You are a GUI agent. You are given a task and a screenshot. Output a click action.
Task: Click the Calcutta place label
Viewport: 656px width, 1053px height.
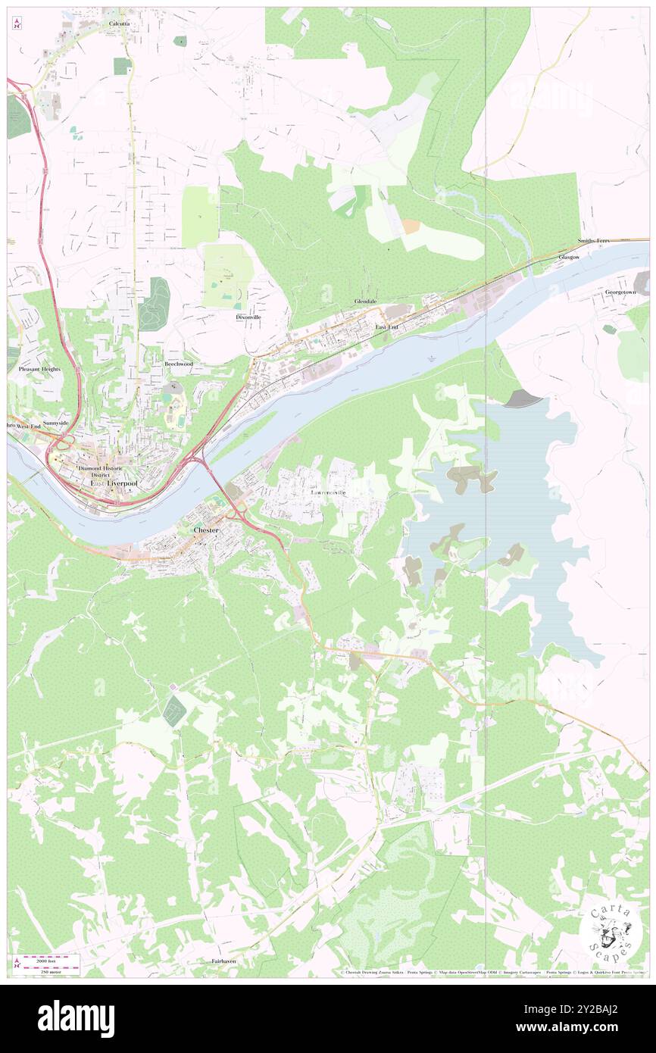click(119, 24)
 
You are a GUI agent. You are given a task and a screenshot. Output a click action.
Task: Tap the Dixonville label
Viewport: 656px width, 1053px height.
click(248, 317)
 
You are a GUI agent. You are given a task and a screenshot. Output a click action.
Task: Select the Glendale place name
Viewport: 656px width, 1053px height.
click(365, 301)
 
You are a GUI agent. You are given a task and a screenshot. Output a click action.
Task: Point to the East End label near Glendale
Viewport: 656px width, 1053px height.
click(386, 327)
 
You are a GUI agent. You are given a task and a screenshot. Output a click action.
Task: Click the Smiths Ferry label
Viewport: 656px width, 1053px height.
click(593, 240)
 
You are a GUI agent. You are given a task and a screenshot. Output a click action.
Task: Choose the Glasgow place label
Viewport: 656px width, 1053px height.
click(569, 258)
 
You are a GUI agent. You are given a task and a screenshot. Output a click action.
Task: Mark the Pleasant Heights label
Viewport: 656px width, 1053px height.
click(39, 369)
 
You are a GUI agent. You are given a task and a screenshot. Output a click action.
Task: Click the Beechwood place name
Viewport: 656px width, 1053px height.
click(179, 364)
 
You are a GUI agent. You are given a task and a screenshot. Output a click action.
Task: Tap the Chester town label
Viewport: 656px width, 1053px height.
click(206, 530)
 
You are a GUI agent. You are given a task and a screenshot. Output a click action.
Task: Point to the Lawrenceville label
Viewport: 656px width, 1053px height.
click(328, 492)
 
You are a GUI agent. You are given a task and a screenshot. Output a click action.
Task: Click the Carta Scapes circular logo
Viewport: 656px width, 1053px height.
click(610, 931)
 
